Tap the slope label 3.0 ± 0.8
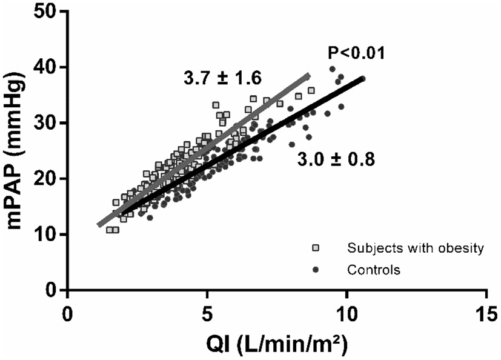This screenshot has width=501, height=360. (x=336, y=160)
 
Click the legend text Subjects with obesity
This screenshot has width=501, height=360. (x=415, y=248)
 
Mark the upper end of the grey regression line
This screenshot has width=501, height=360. (x=308, y=75)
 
